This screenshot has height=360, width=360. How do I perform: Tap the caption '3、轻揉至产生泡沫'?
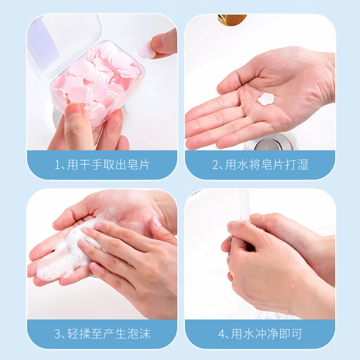coord(102,334)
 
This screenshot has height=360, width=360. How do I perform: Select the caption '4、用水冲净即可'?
coord(260,334)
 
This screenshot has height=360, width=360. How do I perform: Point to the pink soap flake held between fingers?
coord(146,49)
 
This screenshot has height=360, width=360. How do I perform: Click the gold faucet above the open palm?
coord(232,19)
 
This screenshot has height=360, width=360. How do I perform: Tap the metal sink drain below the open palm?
coord(269,144)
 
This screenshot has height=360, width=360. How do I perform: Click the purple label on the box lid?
coord(43,42)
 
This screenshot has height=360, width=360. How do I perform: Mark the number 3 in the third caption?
coord(58,334)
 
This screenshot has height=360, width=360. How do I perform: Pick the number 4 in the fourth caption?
coord(221,334)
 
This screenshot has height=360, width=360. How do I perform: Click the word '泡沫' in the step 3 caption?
coord(139,334)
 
